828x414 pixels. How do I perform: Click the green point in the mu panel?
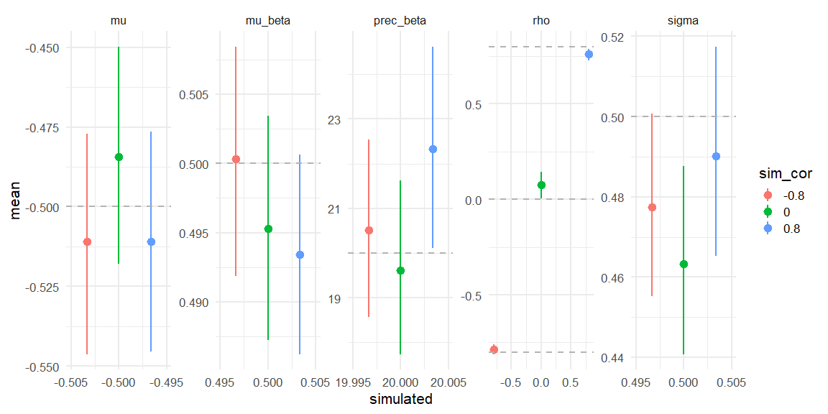[x=119, y=157]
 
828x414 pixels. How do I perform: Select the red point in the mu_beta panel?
[x=236, y=159]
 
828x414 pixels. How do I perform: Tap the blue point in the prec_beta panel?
[x=433, y=149]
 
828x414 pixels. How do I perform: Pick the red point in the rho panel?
[x=494, y=349]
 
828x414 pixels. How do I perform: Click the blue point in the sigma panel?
[x=716, y=156]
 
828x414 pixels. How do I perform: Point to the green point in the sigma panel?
[x=684, y=264]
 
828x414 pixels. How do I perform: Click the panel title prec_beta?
[x=400, y=21]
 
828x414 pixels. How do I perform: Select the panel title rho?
[x=541, y=21]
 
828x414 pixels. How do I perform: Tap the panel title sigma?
[x=683, y=21]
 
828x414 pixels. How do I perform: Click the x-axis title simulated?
[x=400, y=399]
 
